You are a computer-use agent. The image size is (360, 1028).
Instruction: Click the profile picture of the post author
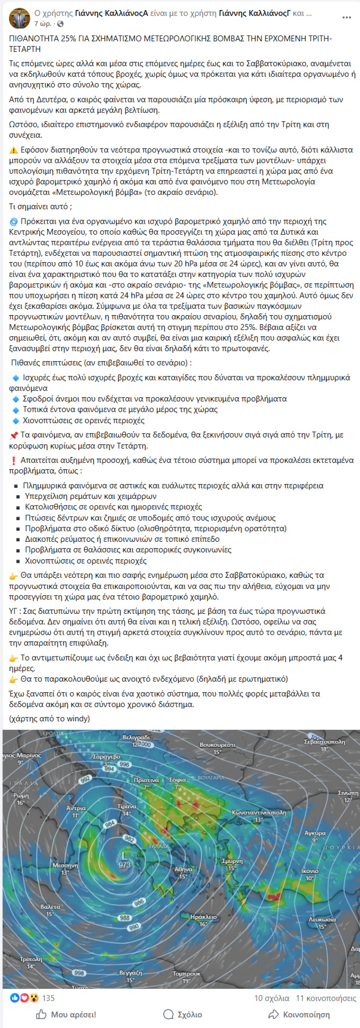[x=19, y=18]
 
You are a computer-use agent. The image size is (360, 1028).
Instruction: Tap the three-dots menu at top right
[x=346, y=18]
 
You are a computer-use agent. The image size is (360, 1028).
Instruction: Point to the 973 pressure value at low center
[x=125, y=865]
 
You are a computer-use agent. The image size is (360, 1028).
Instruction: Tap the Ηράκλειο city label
[x=203, y=917]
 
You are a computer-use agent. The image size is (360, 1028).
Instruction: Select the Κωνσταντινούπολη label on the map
[x=259, y=812]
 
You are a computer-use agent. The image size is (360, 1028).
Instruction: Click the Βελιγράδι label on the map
[x=136, y=737]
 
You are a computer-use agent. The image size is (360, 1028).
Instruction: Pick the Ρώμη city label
[x=21, y=796]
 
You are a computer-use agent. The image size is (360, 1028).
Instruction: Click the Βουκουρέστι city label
[x=217, y=745]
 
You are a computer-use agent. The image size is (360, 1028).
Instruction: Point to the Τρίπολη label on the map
[x=31, y=959]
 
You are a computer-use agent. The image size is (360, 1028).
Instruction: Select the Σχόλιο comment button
[x=182, y=1014]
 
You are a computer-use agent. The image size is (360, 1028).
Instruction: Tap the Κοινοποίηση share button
[x=299, y=1014]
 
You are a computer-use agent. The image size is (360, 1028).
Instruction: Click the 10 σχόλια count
[x=272, y=998]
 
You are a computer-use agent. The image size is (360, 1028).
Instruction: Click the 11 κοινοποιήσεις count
[x=326, y=998]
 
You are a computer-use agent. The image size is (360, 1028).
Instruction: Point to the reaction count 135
[x=48, y=998]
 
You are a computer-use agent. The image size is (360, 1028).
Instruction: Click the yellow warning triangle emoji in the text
[x=13, y=150]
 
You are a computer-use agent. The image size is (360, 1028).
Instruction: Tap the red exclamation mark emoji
[x=13, y=460]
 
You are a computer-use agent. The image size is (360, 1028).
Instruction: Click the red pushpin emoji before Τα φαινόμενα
[x=13, y=435]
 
